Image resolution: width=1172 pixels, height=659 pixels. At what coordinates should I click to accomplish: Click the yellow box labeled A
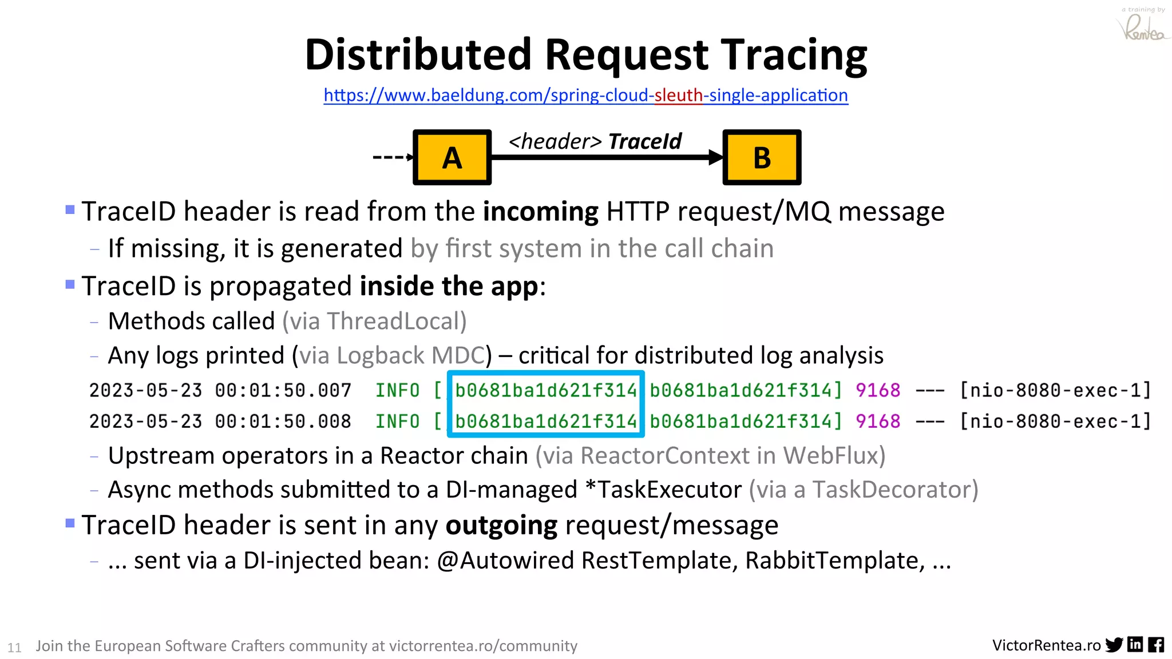click(x=452, y=157)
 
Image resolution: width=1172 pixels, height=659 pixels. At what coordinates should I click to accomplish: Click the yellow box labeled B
click(x=762, y=157)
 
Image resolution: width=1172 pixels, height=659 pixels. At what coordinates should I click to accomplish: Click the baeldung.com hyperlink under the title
click(x=585, y=95)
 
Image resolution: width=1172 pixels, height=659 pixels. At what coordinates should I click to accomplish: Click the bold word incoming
click(x=541, y=212)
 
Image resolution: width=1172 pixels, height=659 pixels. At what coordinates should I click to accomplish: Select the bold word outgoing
click(x=501, y=525)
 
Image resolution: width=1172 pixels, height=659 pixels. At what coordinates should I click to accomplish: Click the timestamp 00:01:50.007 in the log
click(x=283, y=390)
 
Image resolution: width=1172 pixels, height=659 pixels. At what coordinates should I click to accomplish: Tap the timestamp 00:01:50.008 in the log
click(x=283, y=422)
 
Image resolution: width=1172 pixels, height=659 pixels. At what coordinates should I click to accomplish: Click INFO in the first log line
click(x=397, y=390)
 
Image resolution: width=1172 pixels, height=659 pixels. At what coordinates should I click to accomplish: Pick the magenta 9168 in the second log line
click(x=878, y=422)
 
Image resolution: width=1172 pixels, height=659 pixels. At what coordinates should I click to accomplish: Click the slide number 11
click(x=14, y=648)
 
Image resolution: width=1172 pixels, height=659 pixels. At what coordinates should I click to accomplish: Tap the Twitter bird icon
click(x=1114, y=645)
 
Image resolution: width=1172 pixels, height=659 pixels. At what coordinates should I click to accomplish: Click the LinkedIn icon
click(x=1135, y=645)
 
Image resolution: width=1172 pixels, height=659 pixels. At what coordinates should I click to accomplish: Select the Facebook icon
click(x=1155, y=645)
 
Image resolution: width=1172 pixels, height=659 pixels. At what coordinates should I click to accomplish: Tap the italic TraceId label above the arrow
click(x=645, y=141)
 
